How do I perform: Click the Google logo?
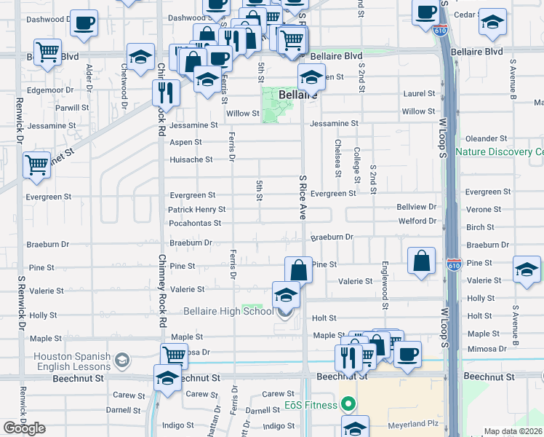[24, 428]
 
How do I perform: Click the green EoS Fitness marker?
[349, 404]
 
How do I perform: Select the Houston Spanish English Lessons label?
[72, 361]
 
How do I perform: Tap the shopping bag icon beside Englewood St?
[422, 261]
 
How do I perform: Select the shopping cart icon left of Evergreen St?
[36, 165]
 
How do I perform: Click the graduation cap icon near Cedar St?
[492, 23]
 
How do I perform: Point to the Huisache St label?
[191, 160]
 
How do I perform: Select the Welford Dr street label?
[416, 221]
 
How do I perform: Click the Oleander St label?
[486, 138]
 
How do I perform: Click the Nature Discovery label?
[499, 151]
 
